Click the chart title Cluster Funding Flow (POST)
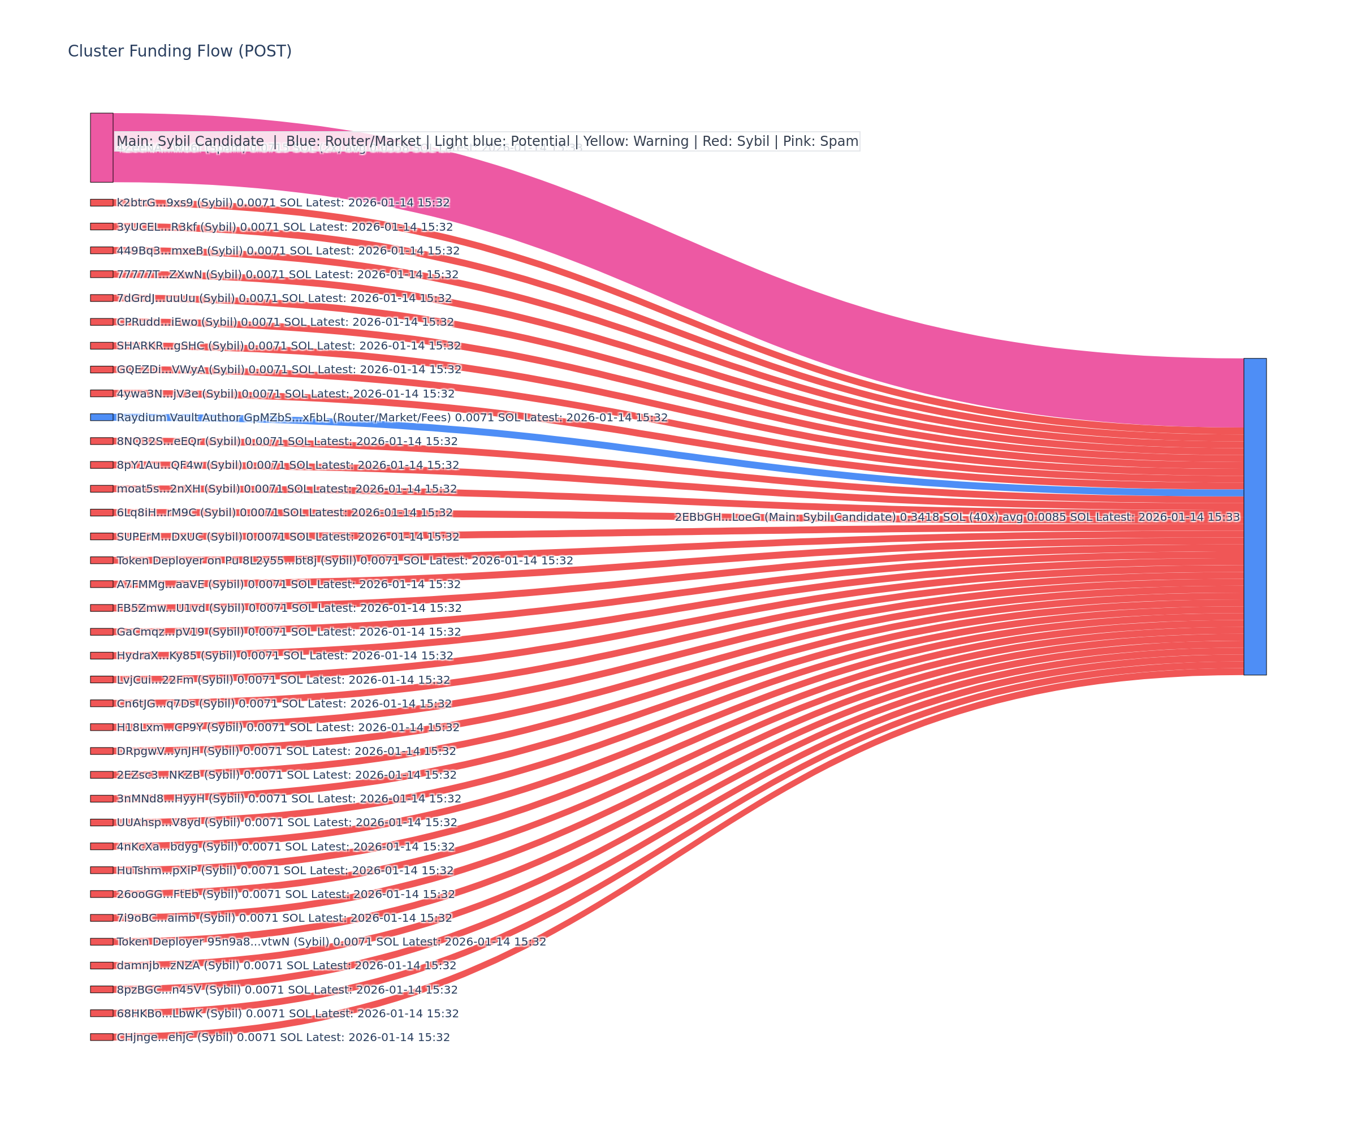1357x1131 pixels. click(180, 51)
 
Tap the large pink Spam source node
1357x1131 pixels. click(101, 148)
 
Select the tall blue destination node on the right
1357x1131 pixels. click(1255, 516)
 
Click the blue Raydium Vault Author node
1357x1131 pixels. click(101, 417)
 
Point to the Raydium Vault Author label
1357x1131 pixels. click(392, 417)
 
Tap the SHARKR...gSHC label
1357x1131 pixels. click(288, 346)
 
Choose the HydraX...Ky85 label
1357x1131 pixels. click(284, 656)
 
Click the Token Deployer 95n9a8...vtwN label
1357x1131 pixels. click(331, 942)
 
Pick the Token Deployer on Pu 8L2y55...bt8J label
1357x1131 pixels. click(344, 560)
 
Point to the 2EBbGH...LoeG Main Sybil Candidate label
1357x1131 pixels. click(957, 517)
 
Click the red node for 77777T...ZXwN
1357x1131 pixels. click(101, 274)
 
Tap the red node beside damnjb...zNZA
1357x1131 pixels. click(101, 965)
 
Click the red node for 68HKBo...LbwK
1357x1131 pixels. click(101, 1013)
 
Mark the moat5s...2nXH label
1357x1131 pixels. click(286, 489)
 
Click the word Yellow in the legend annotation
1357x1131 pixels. click(604, 141)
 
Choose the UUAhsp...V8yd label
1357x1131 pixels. click(286, 823)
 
